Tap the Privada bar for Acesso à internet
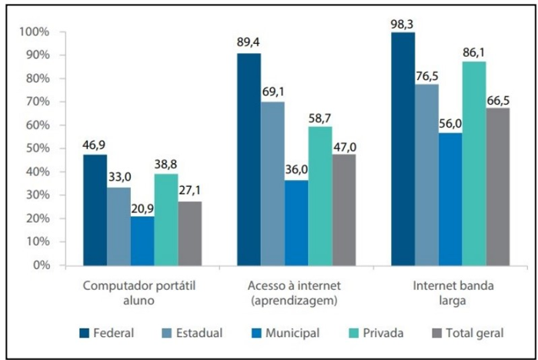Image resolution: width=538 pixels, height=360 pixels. (319, 195)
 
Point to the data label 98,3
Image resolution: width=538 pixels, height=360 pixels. (403, 23)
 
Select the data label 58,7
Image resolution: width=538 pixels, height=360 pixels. (319, 115)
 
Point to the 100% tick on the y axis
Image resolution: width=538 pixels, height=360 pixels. (35, 32)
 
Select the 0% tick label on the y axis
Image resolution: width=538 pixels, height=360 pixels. (42, 265)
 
